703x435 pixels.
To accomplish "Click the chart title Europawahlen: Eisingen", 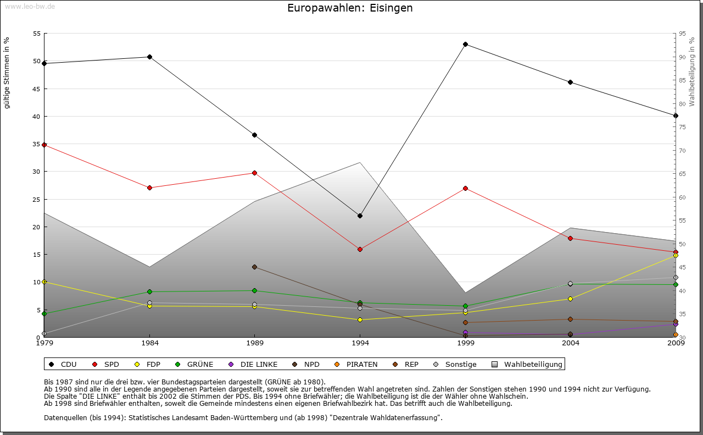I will [350, 8].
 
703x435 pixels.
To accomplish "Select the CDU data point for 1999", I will [465, 44].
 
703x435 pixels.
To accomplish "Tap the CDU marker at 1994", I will [360, 216].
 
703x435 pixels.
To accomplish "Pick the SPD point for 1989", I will [254, 173].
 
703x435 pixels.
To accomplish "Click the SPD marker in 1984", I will [149, 188].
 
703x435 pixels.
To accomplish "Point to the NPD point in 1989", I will [254, 267].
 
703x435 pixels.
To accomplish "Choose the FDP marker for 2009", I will [676, 255].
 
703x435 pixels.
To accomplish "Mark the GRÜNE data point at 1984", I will [149, 291].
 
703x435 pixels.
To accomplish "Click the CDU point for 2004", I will [571, 82].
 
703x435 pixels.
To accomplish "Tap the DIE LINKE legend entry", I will [258, 364].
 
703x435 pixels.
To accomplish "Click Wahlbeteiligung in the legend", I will [533, 364].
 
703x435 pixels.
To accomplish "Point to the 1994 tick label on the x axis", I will [360, 343].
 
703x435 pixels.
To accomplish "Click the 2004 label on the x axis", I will [571, 343].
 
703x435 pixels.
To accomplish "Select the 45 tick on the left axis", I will [37, 89].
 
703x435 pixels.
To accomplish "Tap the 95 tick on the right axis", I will [682, 34].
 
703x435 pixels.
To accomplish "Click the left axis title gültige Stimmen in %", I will [7, 73].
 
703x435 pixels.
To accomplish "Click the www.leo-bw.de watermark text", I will [30, 7].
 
